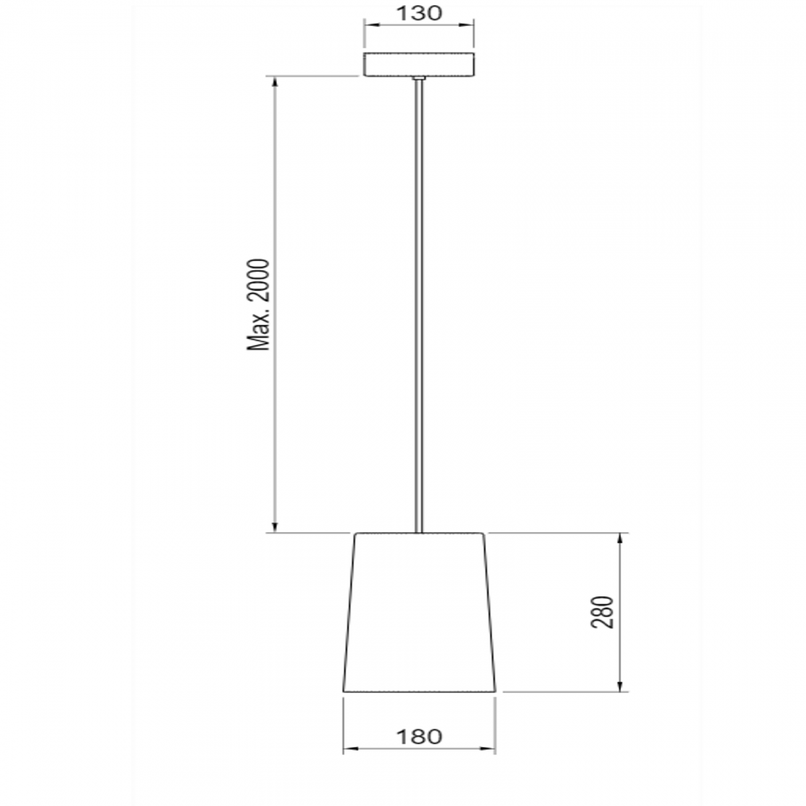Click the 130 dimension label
pyautogui.click(x=418, y=13)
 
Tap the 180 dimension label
pyautogui.click(x=419, y=737)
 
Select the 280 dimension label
pyautogui.click(x=602, y=612)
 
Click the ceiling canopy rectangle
pyautogui.click(x=418, y=64)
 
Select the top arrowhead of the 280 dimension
pyautogui.click(x=620, y=538)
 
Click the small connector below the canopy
pyautogui.click(x=419, y=78)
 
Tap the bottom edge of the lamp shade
pyautogui.click(x=419, y=691)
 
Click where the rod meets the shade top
pyautogui.click(x=419, y=532)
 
